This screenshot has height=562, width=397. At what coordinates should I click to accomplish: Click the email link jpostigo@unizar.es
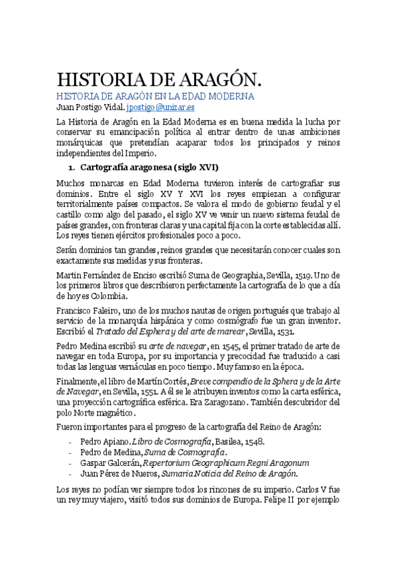click(161, 106)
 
